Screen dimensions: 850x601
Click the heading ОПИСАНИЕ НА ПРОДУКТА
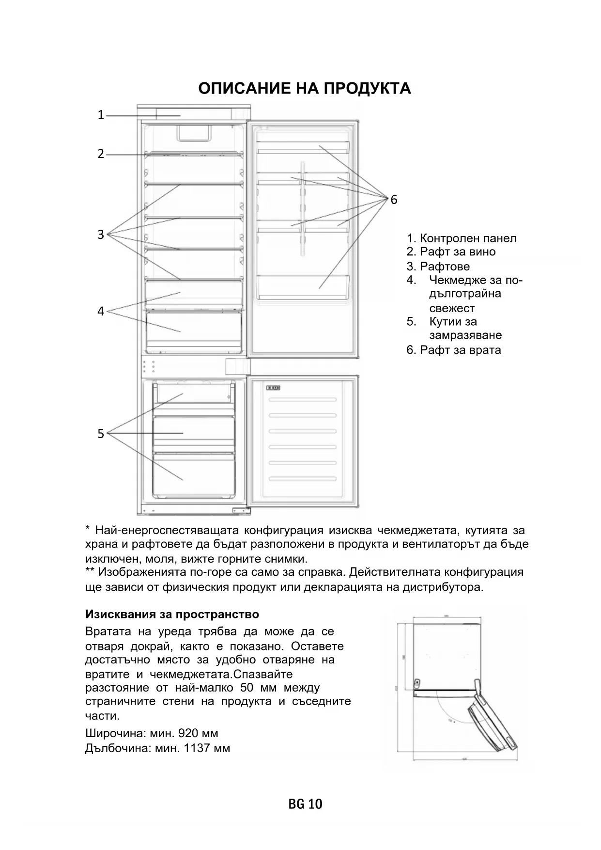pyautogui.click(x=305, y=88)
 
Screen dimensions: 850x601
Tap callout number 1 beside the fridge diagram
pyautogui.click(x=101, y=115)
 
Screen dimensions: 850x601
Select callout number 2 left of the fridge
pyautogui.click(x=101, y=154)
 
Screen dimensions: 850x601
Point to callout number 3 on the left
pyautogui.click(x=101, y=235)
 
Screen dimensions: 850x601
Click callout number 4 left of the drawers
pyautogui.click(x=101, y=311)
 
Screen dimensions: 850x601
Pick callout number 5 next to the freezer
pyautogui.click(x=101, y=433)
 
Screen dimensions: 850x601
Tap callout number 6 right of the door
pyautogui.click(x=394, y=200)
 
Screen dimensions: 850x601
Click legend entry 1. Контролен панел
pyautogui.click(x=462, y=238)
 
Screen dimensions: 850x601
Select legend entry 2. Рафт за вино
pyautogui.click(x=451, y=252)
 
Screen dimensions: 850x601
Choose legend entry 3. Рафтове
pyautogui.click(x=438, y=267)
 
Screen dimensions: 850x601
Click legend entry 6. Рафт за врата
pyautogui.click(x=454, y=350)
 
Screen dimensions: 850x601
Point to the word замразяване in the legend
pyautogui.click(x=465, y=335)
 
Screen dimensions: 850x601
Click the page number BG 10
pyautogui.click(x=305, y=804)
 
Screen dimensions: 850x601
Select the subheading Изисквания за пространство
pyautogui.click(x=172, y=614)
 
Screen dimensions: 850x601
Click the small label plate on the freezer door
pyautogui.click(x=273, y=388)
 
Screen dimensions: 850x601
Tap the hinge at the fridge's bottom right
pyautogui.click(x=239, y=510)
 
